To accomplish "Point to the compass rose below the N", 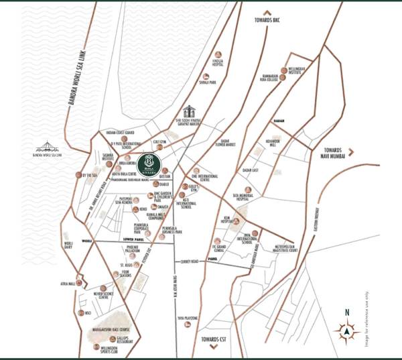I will (346, 330).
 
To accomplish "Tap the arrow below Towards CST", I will (213, 347).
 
